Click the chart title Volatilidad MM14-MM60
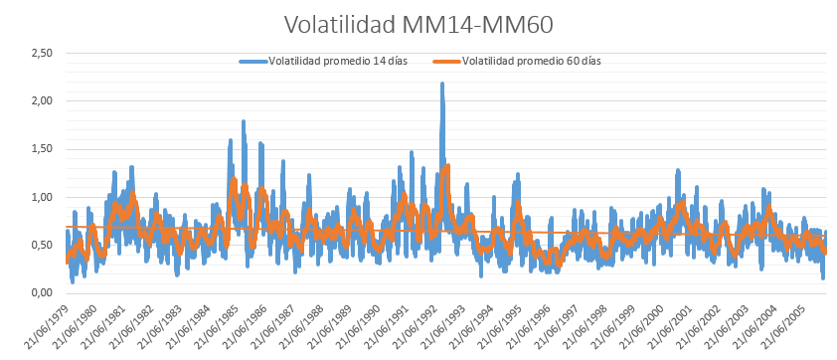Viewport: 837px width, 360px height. pyautogui.click(x=418, y=25)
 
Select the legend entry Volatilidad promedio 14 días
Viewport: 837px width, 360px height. pyautogui.click(x=323, y=61)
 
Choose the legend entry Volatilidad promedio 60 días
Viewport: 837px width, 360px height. pyautogui.click(x=517, y=61)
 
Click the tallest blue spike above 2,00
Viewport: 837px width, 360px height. pyautogui.click(x=442, y=85)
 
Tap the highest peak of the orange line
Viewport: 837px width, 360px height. pyautogui.click(x=448, y=166)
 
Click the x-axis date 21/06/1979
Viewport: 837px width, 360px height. pyautogui.click(x=46, y=329)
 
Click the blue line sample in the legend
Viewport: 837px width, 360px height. pyautogui.click(x=253, y=61)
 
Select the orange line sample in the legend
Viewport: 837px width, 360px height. pyautogui.click(x=446, y=61)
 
